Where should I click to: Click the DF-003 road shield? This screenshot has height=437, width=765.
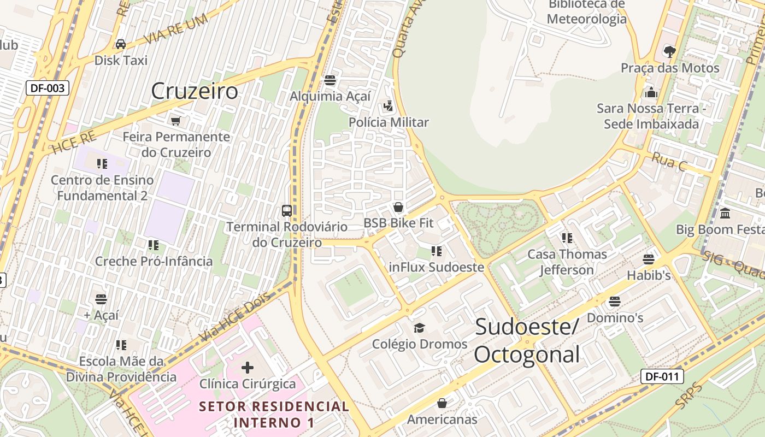[x=48, y=87]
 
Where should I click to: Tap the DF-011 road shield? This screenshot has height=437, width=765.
[x=662, y=376]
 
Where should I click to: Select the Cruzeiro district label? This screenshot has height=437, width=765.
[x=195, y=91]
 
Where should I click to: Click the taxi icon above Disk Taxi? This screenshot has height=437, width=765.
[x=121, y=44]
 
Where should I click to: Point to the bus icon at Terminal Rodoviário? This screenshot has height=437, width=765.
[x=286, y=210]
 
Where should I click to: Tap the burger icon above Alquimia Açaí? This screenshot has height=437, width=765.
[x=329, y=80]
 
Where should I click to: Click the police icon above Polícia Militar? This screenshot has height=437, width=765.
[x=389, y=106]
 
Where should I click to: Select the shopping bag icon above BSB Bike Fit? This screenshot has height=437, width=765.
[x=398, y=207]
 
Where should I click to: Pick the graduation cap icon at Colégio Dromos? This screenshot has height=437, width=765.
[x=419, y=328]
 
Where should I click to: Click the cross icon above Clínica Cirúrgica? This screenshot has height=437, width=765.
[x=247, y=367]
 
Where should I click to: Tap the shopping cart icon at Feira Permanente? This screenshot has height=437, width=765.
[x=175, y=121]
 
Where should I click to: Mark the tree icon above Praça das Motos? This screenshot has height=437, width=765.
[x=669, y=52]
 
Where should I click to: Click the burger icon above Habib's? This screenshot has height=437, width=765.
[x=649, y=259]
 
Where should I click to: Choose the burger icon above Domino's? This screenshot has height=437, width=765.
[x=615, y=301]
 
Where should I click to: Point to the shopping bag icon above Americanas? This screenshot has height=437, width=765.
[x=442, y=403]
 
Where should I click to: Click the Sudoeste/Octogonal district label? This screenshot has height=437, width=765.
[x=527, y=340]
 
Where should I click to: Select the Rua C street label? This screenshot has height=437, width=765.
[x=668, y=162]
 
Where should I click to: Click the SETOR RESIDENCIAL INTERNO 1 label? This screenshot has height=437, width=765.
[x=274, y=414]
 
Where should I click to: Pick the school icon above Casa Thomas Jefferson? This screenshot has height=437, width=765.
[x=567, y=238]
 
